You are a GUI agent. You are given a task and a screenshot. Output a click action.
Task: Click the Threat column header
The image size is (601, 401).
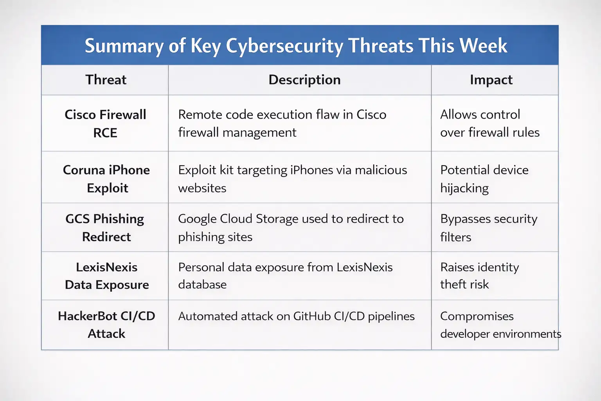coord(106,80)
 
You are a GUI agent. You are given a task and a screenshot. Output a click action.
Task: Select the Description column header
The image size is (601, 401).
coord(304,80)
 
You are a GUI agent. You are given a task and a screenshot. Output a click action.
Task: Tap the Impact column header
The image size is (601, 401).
coord(491,80)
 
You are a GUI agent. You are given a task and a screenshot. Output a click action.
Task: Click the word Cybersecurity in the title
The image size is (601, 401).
coord(284,46)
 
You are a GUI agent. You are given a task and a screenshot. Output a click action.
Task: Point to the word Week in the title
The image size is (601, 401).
coord(483,46)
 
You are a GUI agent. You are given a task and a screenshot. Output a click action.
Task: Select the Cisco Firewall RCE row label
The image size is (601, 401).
coord(105,123)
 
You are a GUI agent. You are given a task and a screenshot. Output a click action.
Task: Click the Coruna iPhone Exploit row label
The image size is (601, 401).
coord(106,179)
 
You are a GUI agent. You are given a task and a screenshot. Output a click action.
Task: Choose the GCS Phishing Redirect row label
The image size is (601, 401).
coord(105,228)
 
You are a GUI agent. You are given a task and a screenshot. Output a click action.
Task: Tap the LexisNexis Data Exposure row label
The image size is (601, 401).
coord(107,276)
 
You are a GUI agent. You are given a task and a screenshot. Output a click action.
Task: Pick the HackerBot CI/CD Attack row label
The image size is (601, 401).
coord(106,325)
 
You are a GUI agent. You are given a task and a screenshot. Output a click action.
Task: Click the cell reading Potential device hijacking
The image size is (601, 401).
coord(484,179)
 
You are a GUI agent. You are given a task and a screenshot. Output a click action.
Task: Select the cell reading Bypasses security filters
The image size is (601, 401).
coord(488,228)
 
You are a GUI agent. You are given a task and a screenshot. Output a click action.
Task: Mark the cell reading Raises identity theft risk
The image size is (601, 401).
coord(479,276)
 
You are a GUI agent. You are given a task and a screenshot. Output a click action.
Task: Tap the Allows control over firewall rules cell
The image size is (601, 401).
coord(489,123)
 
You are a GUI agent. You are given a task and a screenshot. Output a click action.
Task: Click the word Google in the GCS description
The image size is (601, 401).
coord(198,219)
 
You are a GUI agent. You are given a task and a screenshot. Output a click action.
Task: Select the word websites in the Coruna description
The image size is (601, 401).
coord(202,188)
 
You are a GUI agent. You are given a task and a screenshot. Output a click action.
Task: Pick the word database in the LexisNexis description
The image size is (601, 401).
coord(202,285)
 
